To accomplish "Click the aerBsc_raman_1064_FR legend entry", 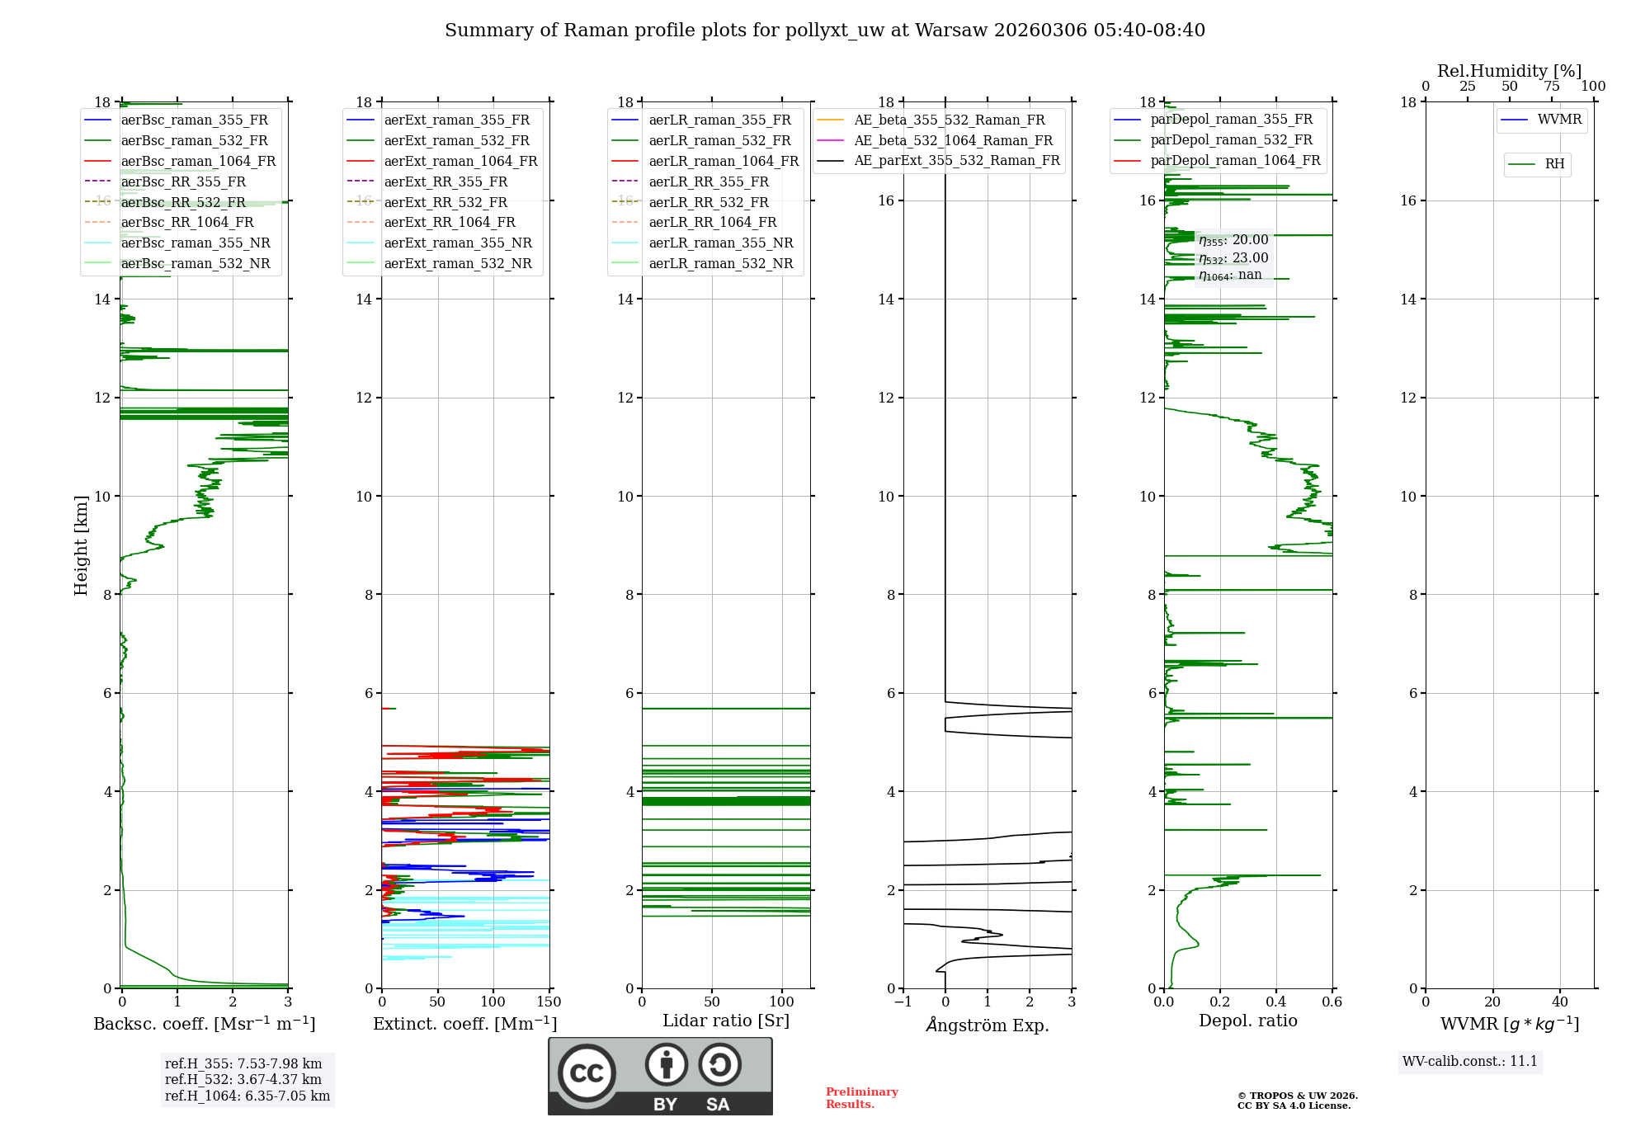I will click(x=198, y=161).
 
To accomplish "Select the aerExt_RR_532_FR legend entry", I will click(x=445, y=202).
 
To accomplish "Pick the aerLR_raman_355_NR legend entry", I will click(x=720, y=243).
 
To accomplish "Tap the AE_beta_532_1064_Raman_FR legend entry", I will click(x=953, y=140).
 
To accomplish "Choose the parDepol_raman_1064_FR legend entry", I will click(x=1235, y=160).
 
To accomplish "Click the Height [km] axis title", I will click(x=81, y=544).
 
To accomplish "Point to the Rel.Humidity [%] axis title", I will click(x=1509, y=71).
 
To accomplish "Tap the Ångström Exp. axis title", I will click(x=987, y=1025).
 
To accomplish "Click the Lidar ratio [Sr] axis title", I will click(x=725, y=1021).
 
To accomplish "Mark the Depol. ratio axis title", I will click(x=1247, y=1021).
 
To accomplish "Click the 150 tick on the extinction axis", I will click(x=549, y=1002).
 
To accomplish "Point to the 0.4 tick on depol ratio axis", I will click(x=1275, y=1002).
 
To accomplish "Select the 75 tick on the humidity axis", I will click(x=1551, y=87).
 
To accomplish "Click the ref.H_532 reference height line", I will click(x=243, y=1079).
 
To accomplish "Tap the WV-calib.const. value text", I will click(x=1470, y=1061).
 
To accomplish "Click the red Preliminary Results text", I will click(x=861, y=1098).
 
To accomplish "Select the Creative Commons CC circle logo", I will click(x=587, y=1073).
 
